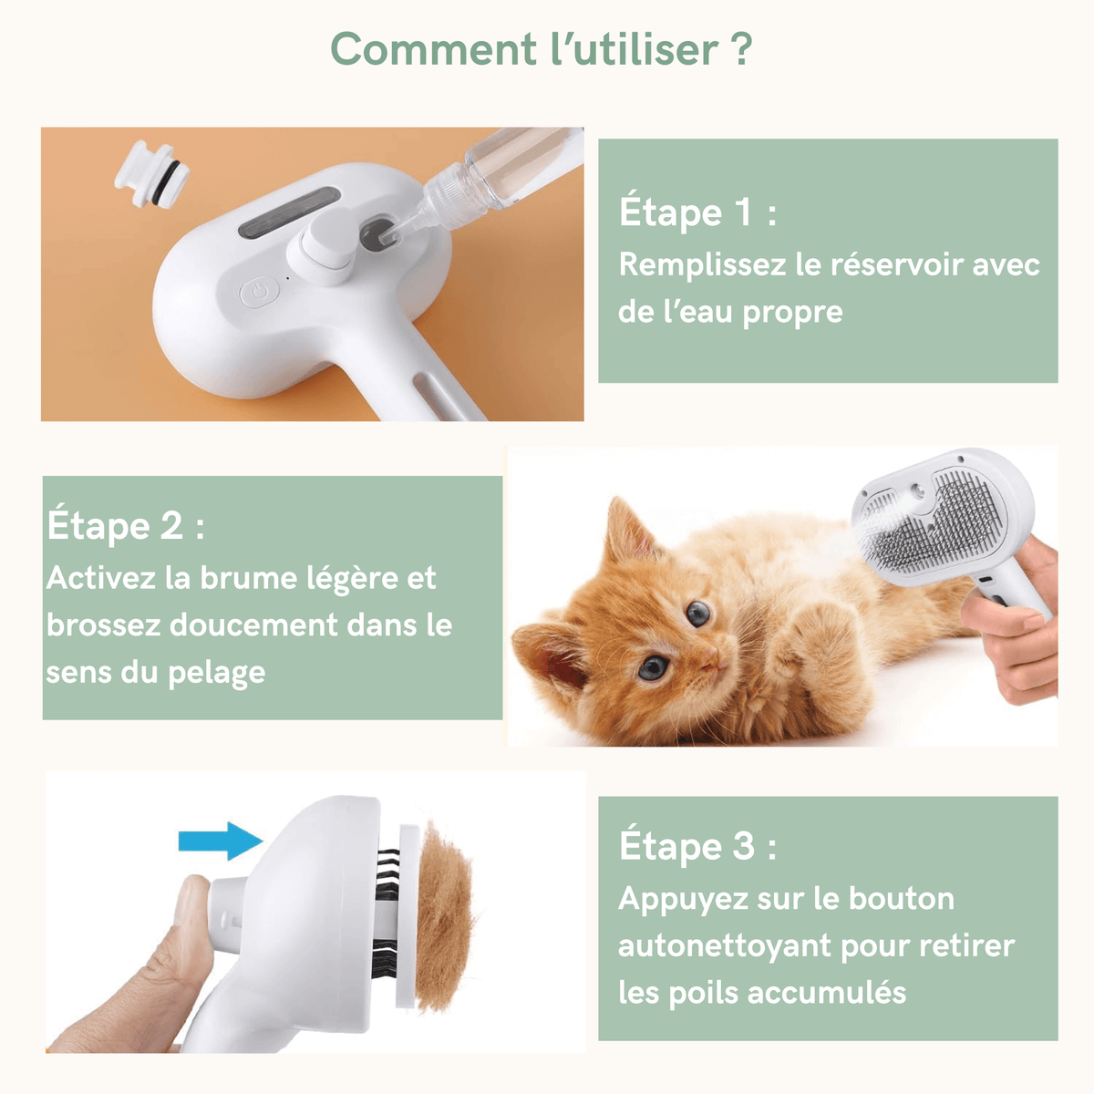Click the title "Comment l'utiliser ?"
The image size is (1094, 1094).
[x=542, y=49]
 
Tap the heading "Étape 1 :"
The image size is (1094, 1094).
[x=697, y=212]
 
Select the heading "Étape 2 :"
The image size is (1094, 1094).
[x=126, y=526]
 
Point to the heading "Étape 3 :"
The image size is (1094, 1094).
[x=697, y=846]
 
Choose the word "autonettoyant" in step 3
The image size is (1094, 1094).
[x=724, y=945]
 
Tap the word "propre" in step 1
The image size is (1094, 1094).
[x=792, y=312]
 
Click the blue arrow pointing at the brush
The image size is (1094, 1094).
[x=220, y=840]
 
